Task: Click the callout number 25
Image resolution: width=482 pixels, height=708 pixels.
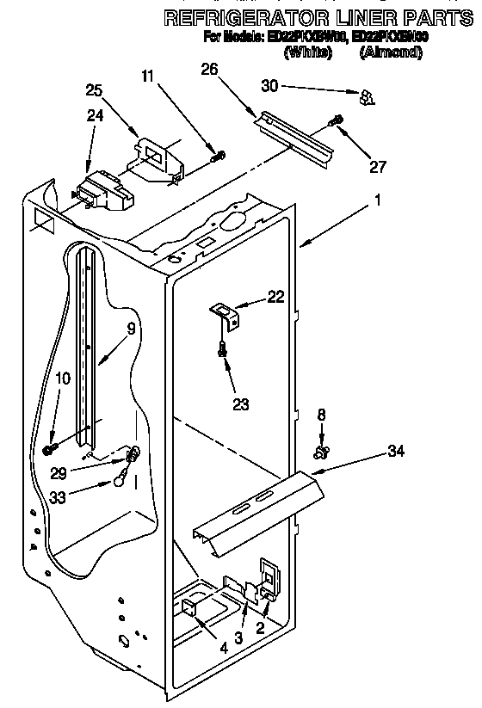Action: point(95,90)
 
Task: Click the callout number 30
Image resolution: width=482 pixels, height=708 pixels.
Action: point(270,86)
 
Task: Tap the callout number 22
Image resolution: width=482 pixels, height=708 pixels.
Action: point(275,296)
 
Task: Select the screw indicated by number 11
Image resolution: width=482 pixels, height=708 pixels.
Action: point(219,156)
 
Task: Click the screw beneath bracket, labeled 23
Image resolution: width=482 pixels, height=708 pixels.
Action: point(224,349)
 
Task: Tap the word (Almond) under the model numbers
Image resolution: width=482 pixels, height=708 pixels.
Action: point(391,52)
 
